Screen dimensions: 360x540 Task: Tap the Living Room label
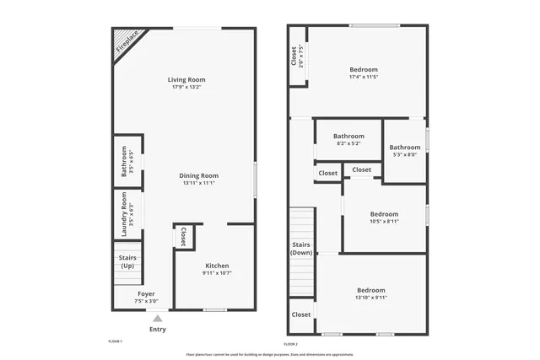(x=188, y=80)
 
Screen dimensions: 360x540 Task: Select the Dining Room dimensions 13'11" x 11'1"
(x=199, y=183)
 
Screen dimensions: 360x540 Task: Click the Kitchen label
(x=216, y=265)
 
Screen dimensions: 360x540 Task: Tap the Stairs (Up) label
(x=127, y=262)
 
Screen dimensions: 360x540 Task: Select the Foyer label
(x=146, y=294)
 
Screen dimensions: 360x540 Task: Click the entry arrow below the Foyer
(x=157, y=318)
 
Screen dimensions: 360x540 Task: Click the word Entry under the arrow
(x=158, y=329)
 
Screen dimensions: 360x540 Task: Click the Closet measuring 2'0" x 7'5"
(x=297, y=56)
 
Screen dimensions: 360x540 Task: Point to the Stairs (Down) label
(x=302, y=249)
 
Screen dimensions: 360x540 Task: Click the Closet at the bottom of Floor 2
(x=301, y=314)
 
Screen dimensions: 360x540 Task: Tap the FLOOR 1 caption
(x=116, y=341)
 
